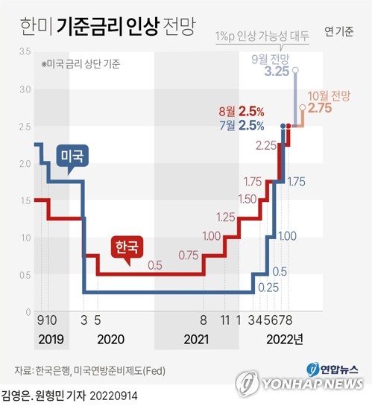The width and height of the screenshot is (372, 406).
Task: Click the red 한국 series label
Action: click(x=126, y=246)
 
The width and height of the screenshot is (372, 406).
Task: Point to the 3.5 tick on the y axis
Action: click(x=25, y=51)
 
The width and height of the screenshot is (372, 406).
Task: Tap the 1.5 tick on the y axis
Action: click(x=25, y=200)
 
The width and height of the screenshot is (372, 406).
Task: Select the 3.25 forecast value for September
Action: click(x=277, y=72)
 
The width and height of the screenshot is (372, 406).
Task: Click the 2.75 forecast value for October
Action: click(x=319, y=109)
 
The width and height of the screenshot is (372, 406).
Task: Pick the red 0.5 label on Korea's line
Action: click(x=155, y=264)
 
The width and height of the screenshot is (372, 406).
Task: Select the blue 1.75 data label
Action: click(x=297, y=181)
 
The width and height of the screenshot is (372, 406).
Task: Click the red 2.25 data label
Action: click(x=266, y=146)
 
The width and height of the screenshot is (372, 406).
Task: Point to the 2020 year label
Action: click(x=111, y=340)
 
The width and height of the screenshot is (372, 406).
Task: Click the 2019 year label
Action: click(x=49, y=340)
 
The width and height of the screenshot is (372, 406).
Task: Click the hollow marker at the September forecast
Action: click(x=296, y=70)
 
